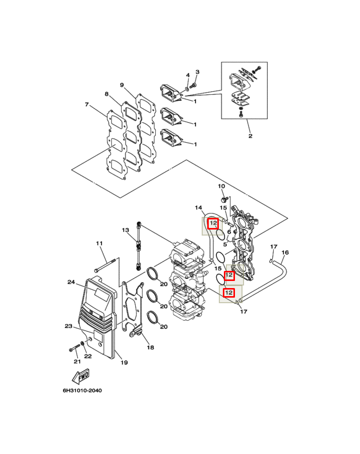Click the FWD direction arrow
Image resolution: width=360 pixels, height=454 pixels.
[x=81, y=376]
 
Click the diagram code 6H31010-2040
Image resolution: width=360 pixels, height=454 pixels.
[x=83, y=390]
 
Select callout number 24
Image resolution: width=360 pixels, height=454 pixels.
[x=71, y=282]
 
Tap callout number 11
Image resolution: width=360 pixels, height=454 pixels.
[x=99, y=244]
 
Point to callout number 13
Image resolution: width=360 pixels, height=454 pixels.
[x=126, y=230]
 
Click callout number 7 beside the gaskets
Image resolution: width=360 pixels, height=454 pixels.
[x=87, y=104]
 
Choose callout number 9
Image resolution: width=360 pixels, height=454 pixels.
[x=122, y=85]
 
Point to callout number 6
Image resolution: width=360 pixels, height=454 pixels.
[x=229, y=232]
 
